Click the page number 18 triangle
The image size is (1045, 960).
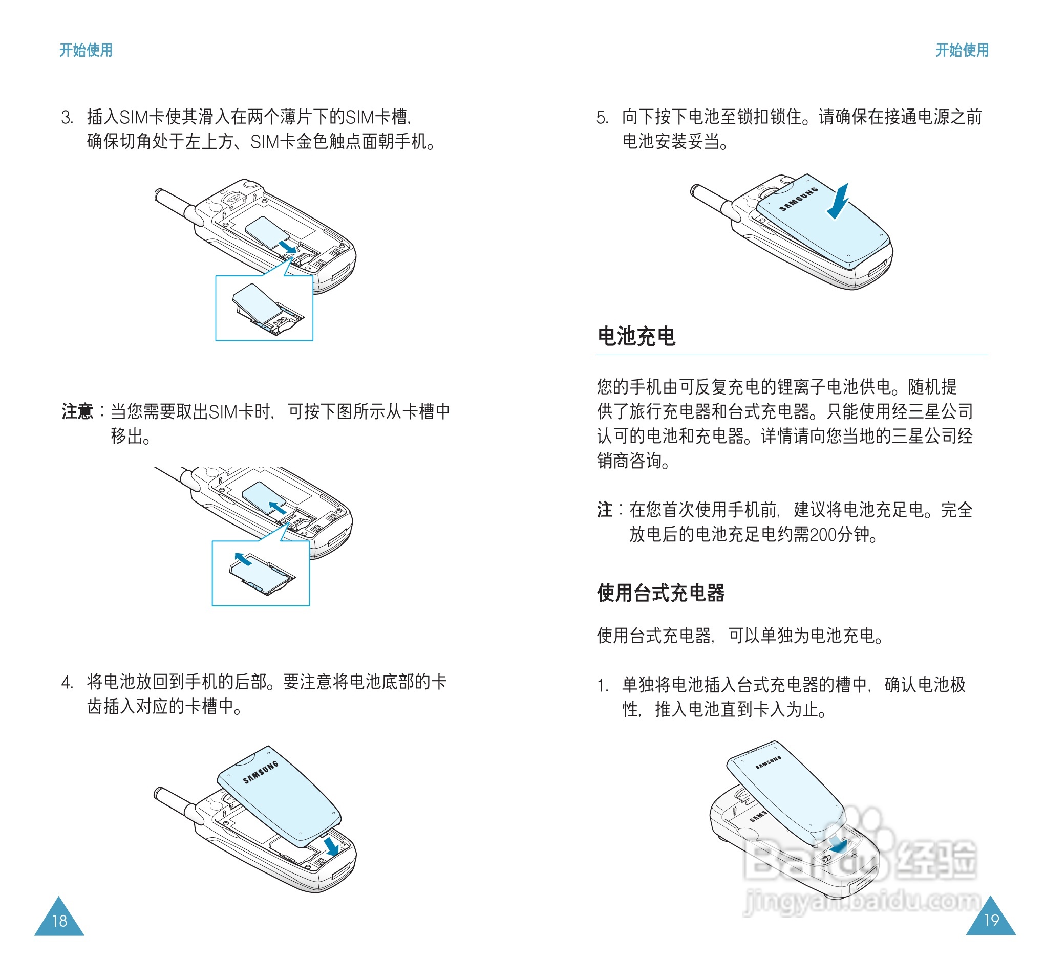click(59, 919)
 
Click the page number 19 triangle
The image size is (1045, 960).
click(991, 919)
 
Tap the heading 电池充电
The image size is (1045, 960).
click(636, 336)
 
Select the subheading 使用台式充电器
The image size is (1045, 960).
click(660, 592)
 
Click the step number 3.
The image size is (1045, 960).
click(67, 117)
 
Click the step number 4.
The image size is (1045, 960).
click(67, 682)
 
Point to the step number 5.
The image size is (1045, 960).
click(602, 117)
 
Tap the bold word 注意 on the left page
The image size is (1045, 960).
click(77, 411)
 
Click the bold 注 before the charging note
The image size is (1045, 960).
click(605, 510)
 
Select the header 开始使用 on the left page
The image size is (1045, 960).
click(86, 50)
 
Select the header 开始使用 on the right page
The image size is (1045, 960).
click(962, 50)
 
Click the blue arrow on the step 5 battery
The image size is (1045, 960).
click(837, 202)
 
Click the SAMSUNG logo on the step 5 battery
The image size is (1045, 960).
click(798, 199)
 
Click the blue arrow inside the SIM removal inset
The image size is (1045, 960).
click(243, 559)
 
